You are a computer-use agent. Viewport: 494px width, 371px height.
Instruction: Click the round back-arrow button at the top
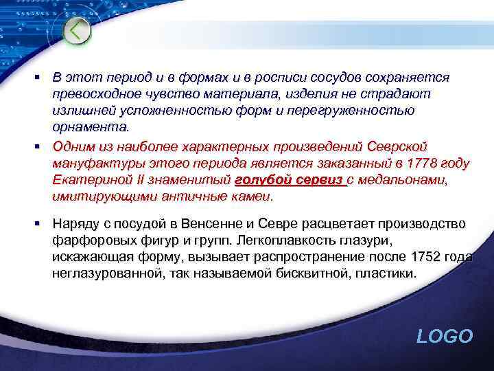[x=78, y=30]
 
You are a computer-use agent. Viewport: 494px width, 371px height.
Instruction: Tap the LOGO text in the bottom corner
[x=445, y=336]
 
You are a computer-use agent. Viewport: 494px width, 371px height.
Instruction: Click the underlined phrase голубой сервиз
[x=289, y=180]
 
